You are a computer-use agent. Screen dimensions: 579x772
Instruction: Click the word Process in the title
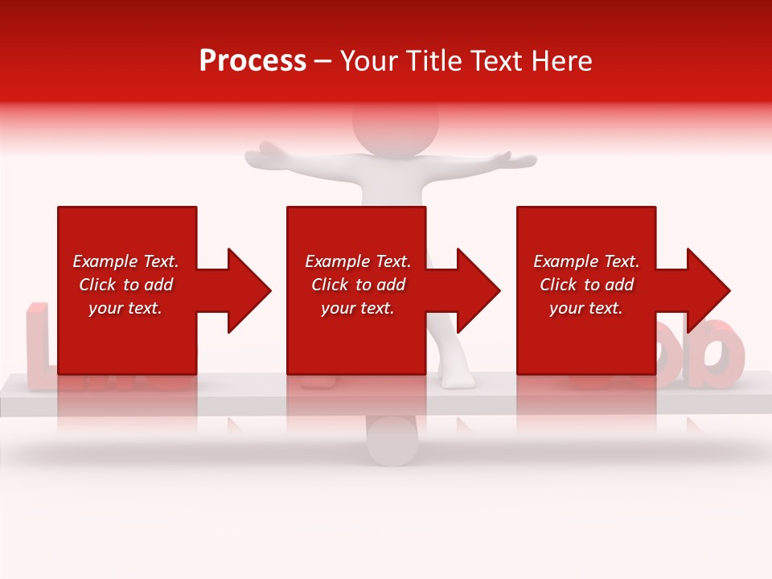click(x=253, y=61)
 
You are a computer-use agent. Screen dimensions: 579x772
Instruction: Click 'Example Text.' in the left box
click(x=125, y=261)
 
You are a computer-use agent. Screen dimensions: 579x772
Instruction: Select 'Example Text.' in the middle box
click(x=357, y=261)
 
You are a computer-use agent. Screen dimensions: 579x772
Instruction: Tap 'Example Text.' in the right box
click(x=586, y=261)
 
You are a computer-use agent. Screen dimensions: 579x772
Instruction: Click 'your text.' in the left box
click(x=125, y=308)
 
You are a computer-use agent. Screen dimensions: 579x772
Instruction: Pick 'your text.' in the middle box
click(x=357, y=308)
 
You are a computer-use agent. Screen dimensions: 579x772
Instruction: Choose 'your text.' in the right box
click(x=586, y=308)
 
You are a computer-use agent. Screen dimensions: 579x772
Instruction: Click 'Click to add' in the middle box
click(x=357, y=285)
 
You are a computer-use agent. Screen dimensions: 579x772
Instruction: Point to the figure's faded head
click(x=396, y=121)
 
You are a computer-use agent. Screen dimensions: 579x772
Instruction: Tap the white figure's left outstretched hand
click(x=265, y=153)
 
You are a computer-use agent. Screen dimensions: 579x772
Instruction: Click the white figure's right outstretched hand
click(x=519, y=158)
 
